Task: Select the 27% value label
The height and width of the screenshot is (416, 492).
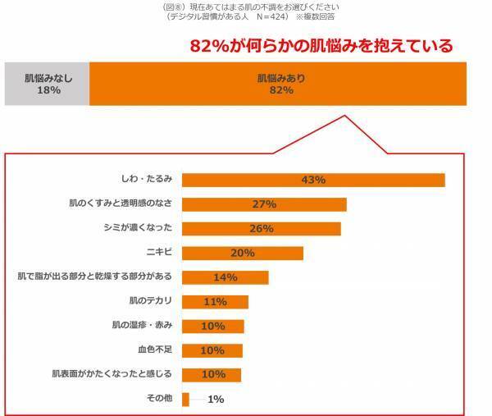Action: [264, 204]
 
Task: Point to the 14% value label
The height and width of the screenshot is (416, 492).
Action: [225, 277]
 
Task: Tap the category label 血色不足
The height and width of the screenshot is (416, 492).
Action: [154, 350]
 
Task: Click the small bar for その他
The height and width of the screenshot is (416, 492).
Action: [185, 400]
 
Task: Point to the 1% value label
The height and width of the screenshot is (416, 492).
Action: [216, 400]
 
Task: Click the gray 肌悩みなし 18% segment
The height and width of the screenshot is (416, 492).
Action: [48, 84]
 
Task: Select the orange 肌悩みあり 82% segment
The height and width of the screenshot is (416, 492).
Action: [276, 84]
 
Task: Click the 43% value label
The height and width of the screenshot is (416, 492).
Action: [313, 180]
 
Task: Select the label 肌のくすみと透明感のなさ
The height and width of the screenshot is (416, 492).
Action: [120, 204]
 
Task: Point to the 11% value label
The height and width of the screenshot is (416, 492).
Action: [215, 302]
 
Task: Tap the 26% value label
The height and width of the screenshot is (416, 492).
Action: [261, 229]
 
